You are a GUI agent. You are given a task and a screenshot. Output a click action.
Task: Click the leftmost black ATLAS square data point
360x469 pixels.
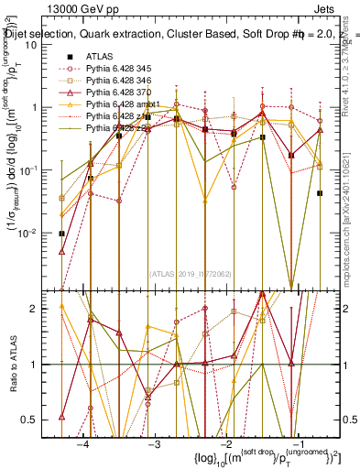pyautogui.click(x=61, y=234)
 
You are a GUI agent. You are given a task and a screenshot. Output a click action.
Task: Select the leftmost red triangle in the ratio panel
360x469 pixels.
pyautogui.click(x=61, y=417)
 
